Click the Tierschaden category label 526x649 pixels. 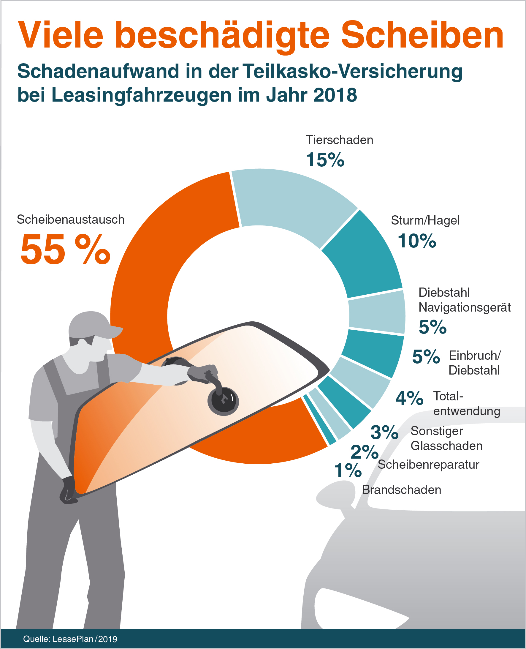point(339,140)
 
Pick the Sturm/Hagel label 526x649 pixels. point(425,220)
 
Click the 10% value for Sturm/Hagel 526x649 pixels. point(417,241)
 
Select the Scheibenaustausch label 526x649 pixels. point(71,220)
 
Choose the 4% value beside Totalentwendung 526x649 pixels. point(409,398)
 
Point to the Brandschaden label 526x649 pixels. point(401,490)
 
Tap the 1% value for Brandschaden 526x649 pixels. point(348,470)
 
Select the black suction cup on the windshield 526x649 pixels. point(223,401)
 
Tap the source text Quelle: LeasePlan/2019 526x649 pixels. point(70,639)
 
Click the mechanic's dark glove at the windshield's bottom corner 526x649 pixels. point(68,489)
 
